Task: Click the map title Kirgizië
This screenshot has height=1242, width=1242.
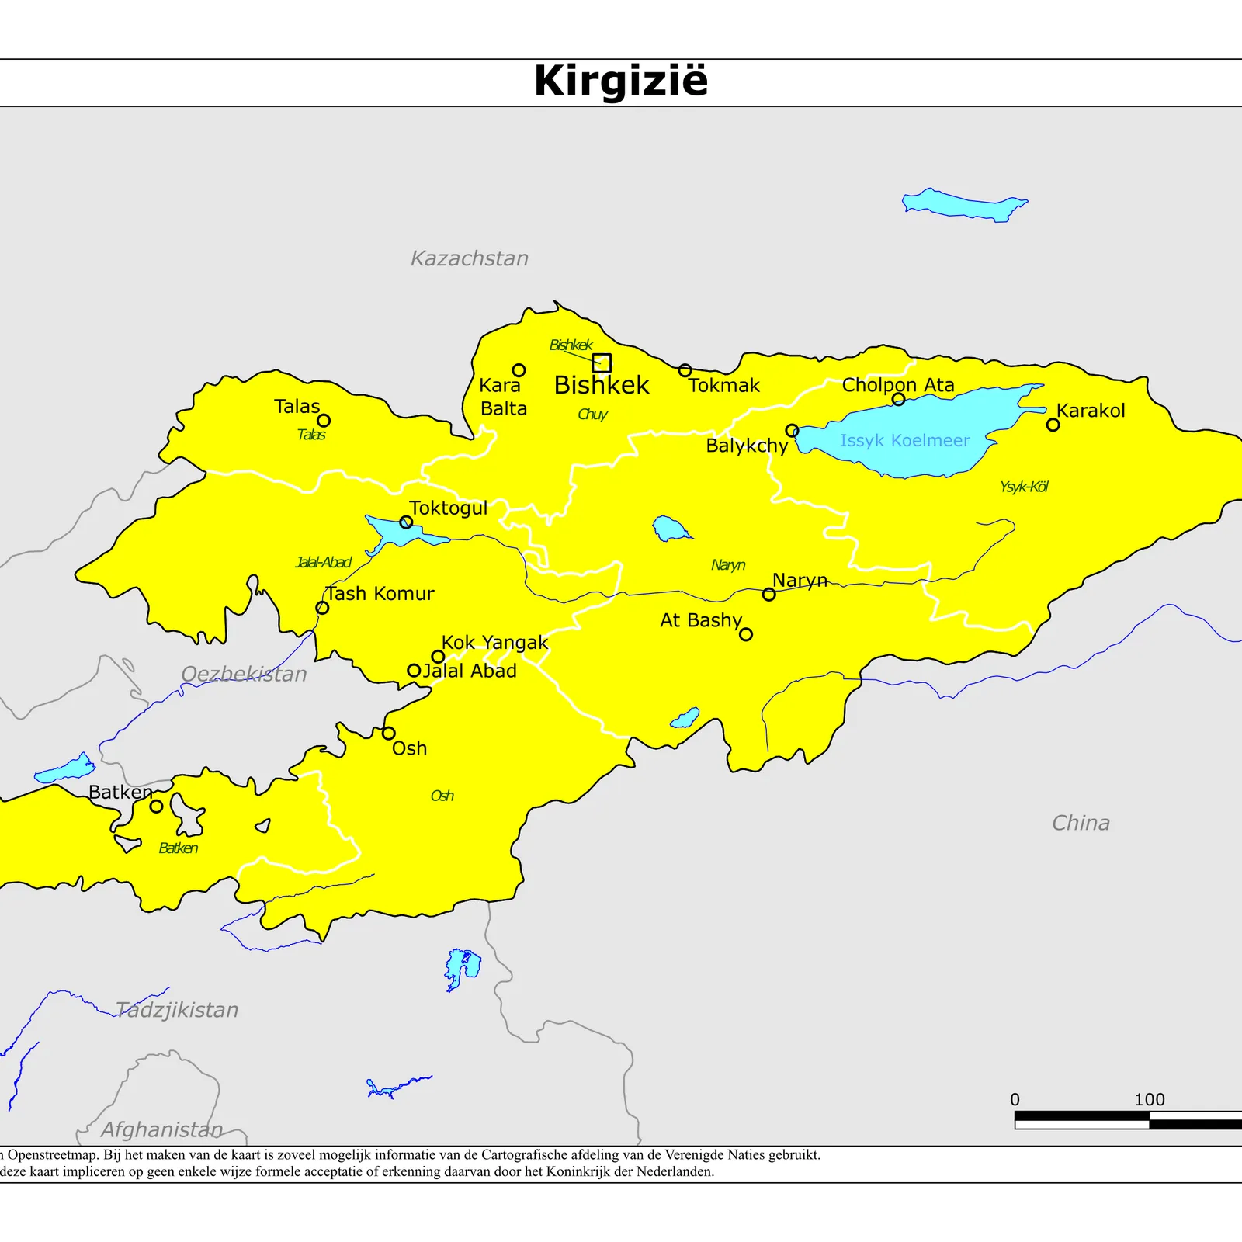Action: pos(621,81)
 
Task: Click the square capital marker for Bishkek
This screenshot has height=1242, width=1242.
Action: pos(602,363)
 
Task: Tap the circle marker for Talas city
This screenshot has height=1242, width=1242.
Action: pos(324,420)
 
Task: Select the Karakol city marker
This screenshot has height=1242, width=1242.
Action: pos(1053,425)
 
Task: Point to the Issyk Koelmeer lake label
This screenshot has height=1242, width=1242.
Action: pos(904,440)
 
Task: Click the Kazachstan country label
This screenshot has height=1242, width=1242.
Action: pos(470,258)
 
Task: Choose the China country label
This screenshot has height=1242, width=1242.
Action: pos(1081,823)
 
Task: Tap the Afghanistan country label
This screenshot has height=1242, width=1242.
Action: pos(161,1129)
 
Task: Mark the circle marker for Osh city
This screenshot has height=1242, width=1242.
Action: pos(389,733)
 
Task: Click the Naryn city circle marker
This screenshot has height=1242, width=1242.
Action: pos(768,595)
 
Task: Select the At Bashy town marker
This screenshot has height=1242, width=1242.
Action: pos(746,634)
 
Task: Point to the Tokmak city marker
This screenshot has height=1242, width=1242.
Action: pos(685,370)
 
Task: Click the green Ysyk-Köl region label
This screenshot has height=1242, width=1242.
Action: pos(1024,487)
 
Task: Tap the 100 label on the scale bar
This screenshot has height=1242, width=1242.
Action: pos(1149,1099)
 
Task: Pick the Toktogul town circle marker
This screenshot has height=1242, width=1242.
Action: pos(406,522)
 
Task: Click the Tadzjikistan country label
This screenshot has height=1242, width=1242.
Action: pos(177,1009)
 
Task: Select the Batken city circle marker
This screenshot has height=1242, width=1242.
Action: pos(156,806)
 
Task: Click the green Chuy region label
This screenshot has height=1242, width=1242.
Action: pos(592,414)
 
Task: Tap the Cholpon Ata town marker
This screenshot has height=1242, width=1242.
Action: pos(898,399)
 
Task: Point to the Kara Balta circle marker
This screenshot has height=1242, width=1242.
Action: pos(519,370)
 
